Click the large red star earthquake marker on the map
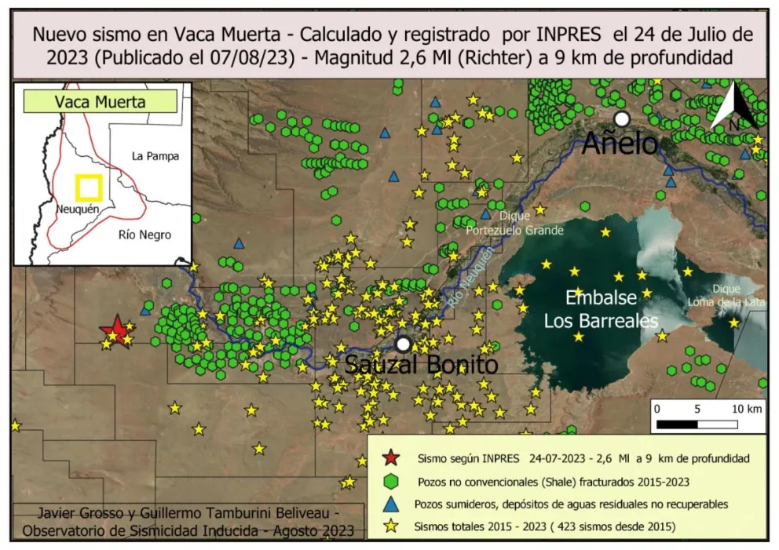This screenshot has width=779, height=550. click(x=116, y=330)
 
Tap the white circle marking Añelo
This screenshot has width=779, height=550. click(x=622, y=118)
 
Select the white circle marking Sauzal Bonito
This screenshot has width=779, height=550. click(x=404, y=344)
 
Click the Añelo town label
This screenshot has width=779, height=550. click(x=620, y=144)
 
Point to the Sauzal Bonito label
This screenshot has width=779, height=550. click(x=422, y=365)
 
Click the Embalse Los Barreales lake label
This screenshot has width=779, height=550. click(x=602, y=310)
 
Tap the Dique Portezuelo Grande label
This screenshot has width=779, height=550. click(x=514, y=223)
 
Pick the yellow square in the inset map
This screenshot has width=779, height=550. click(x=89, y=188)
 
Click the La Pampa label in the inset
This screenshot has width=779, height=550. click(x=155, y=156)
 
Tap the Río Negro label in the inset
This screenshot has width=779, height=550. click(x=144, y=235)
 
